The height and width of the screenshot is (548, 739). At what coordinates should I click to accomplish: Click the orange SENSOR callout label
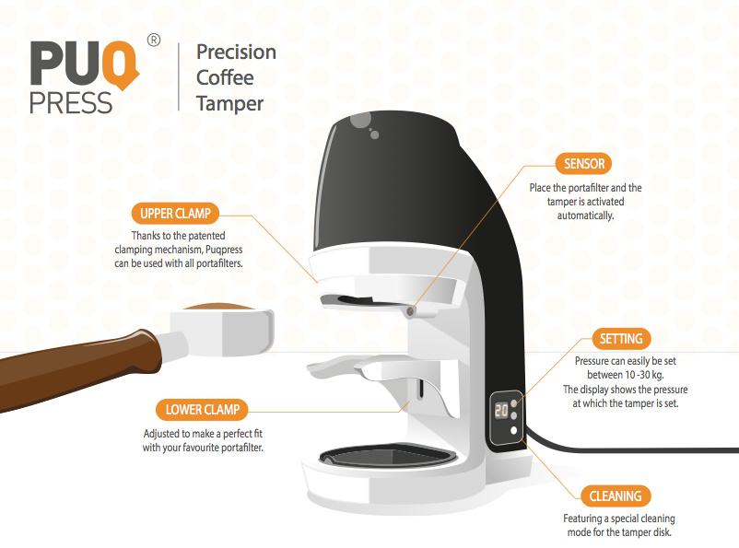click(x=583, y=164)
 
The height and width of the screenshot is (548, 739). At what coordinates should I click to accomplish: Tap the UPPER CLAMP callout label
click(x=175, y=214)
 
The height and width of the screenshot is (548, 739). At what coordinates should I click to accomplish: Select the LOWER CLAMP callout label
click(x=202, y=410)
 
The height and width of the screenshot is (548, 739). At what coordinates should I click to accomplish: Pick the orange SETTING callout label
click(x=621, y=339)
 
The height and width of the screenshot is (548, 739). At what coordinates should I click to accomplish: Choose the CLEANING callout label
click(x=615, y=496)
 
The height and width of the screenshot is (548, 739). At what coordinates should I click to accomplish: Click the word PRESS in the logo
click(x=71, y=103)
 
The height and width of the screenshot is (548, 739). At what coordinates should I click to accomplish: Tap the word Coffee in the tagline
click(x=225, y=77)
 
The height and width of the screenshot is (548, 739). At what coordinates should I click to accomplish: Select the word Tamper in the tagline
click(x=229, y=104)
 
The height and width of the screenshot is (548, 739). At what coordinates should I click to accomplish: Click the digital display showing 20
click(x=501, y=411)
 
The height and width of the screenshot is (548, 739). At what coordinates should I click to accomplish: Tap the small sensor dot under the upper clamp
click(x=411, y=311)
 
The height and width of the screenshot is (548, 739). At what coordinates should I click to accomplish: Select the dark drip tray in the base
click(x=387, y=457)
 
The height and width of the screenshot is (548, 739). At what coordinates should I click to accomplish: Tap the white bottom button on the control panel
click(x=514, y=430)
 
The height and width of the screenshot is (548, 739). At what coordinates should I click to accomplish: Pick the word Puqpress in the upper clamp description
click(x=224, y=250)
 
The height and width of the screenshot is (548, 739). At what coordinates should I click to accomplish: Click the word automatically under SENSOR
click(x=585, y=216)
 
